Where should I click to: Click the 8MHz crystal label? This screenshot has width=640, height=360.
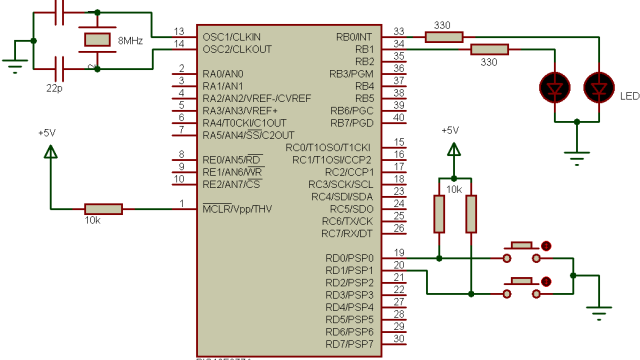[x=130, y=41]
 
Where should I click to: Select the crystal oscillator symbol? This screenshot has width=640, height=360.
[x=96, y=40]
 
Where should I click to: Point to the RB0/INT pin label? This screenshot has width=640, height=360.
[x=352, y=37]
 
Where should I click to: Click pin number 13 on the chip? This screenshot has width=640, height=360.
[x=179, y=31]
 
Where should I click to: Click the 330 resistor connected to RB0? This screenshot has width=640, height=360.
[x=444, y=37]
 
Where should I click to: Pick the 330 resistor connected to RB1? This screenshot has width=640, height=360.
[x=488, y=49]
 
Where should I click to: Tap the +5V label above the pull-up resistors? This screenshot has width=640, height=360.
[x=450, y=130]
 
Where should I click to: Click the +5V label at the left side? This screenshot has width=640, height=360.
[x=48, y=132]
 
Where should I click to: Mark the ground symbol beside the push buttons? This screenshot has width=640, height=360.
[x=599, y=311]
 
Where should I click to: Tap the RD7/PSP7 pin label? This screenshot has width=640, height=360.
[x=349, y=343]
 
